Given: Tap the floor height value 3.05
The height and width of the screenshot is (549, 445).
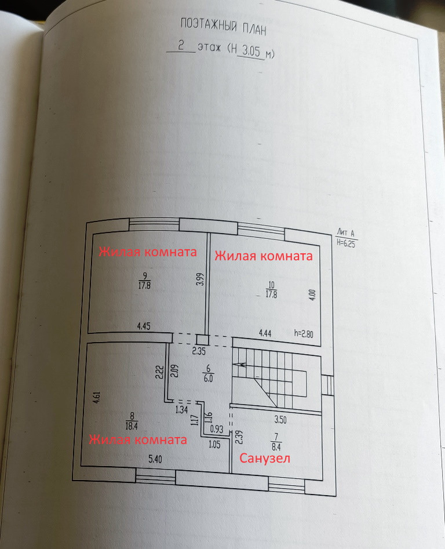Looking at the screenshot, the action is click(x=251, y=51).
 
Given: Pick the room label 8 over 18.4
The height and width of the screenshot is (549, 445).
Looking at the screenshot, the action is click(x=132, y=419).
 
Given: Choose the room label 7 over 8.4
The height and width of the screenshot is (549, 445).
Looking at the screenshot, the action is click(x=275, y=442).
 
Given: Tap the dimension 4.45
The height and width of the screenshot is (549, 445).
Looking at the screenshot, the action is click(x=144, y=327).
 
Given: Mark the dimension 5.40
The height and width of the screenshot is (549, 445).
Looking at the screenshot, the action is click(x=155, y=459).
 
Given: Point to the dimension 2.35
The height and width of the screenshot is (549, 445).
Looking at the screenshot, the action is click(x=199, y=350).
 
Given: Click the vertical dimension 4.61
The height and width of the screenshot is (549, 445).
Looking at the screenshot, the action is click(x=97, y=398).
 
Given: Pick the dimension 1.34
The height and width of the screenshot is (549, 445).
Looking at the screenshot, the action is click(x=181, y=409).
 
